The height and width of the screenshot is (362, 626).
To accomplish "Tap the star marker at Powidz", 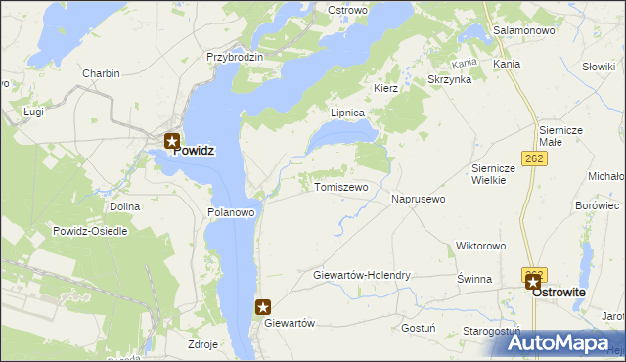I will pyautogui.click(x=172, y=141).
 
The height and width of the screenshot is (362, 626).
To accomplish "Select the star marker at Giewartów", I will pyautogui.click(x=264, y=307).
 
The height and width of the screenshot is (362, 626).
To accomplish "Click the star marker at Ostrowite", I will pyautogui.click(x=534, y=283).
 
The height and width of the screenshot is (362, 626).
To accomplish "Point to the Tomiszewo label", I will pyautogui.click(x=340, y=186).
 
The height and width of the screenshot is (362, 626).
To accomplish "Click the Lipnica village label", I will pyautogui.click(x=347, y=113).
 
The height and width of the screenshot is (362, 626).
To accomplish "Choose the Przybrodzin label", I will pyautogui.click(x=235, y=57).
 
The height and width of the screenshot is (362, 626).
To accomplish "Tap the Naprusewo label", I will pyautogui.click(x=419, y=199).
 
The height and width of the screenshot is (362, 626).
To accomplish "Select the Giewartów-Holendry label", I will pyautogui.click(x=361, y=276).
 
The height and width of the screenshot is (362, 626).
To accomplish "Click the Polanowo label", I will pyautogui.click(x=232, y=211).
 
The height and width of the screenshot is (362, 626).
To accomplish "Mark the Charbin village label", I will pyautogui.click(x=101, y=73).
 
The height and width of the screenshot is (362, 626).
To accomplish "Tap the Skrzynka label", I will pyautogui.click(x=450, y=79).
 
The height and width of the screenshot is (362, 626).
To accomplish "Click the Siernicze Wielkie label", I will pyautogui.click(x=487, y=173).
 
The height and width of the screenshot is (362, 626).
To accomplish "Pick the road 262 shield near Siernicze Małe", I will pyautogui.click(x=534, y=158).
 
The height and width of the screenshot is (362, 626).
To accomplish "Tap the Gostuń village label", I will pyautogui.click(x=419, y=329).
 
